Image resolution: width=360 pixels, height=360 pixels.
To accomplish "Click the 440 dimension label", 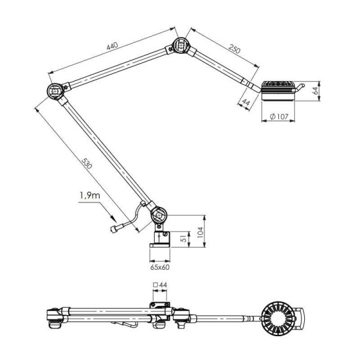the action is pyautogui.click(x=112, y=46).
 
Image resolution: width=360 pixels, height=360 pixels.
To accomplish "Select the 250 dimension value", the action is pyautogui.click(x=235, y=49).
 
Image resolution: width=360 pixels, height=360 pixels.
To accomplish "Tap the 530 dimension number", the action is pyautogui.click(x=87, y=163).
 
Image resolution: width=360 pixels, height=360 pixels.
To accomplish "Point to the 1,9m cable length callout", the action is pyautogui.click(x=90, y=196).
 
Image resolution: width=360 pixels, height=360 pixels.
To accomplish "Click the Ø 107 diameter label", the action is pyautogui.click(x=279, y=116).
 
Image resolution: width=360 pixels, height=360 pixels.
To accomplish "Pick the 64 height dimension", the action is pyautogui.click(x=316, y=91).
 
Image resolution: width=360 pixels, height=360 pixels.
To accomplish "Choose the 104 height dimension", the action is pyautogui.click(x=200, y=232).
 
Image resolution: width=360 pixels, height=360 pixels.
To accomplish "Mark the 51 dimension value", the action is pyautogui.click(x=184, y=239).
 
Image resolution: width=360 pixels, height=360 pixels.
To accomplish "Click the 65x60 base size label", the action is pyautogui.click(x=160, y=267).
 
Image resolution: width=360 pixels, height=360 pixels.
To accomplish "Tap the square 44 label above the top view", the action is pyautogui.click(x=160, y=285).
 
